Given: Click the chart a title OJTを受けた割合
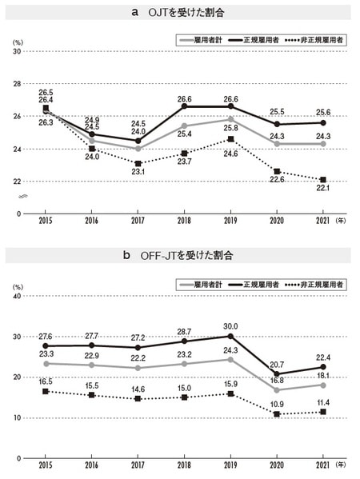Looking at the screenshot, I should pyautogui.click(x=180, y=12).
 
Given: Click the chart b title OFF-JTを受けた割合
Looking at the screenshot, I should pyautogui.click(x=180, y=256).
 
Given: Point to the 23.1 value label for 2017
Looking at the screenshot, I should pyautogui.click(x=138, y=171).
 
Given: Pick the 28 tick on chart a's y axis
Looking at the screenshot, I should pyautogui.click(x=16, y=83).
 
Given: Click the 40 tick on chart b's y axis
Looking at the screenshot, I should pyautogui.click(x=16, y=296).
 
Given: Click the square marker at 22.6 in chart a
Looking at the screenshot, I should pyautogui.click(x=277, y=172).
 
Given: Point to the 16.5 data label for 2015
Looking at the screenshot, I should pyautogui.click(x=46, y=382).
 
